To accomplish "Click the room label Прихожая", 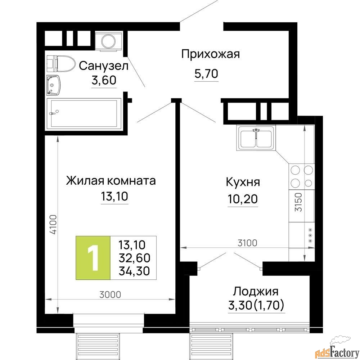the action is (210, 54).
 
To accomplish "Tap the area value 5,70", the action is (206, 74).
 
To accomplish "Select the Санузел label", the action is (104, 66).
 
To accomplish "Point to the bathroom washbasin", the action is (54, 85).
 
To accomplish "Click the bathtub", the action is (84, 113).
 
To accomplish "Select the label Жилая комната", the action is (111, 181).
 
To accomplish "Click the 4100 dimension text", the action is (53, 224).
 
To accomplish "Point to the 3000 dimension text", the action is (110, 294).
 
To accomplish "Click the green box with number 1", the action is (93, 258).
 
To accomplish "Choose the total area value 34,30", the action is (134, 271).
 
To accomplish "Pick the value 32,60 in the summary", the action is (134, 258).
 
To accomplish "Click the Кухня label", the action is (243, 182).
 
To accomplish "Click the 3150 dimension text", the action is (298, 202).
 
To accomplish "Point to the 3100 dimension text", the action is (247, 243).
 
